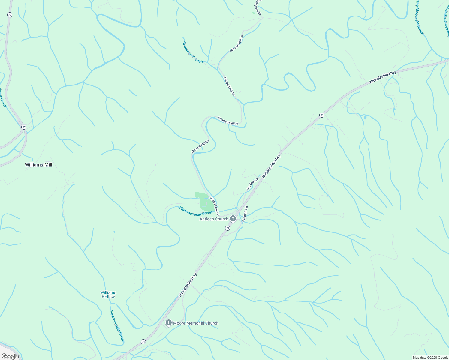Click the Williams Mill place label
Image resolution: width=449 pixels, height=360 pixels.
[38, 165]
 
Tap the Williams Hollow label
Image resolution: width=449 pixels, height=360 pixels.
[108, 295]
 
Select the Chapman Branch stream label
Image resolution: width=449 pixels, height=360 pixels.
[193, 52]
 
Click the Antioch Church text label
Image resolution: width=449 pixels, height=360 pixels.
[214, 219]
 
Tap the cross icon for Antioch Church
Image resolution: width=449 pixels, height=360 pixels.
[233, 219]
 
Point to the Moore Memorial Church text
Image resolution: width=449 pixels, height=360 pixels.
[196, 323]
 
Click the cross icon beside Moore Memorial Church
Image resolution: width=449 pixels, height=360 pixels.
[169, 323]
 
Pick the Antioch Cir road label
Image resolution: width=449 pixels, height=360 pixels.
[245, 214]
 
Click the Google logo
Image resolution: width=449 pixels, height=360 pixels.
[10, 356]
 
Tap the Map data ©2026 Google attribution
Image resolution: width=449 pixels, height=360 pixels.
[430, 358]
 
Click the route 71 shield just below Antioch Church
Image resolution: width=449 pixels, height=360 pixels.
[228, 228]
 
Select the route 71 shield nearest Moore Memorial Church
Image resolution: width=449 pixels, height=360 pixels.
[143, 342]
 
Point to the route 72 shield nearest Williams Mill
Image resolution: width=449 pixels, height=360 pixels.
[24, 127]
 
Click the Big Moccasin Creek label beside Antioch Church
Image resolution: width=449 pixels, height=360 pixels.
[195, 211]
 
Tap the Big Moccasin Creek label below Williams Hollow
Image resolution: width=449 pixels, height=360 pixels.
[116, 326]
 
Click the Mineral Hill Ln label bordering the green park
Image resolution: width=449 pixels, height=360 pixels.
[214, 206]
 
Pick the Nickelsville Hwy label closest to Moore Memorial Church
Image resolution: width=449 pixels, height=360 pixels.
[188, 285]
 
